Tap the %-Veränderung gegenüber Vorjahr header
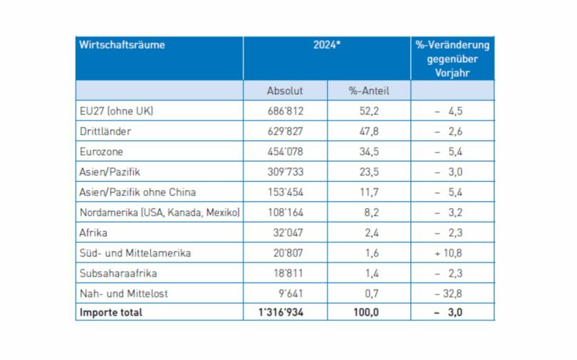point(452,58)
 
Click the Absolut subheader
point(285,91)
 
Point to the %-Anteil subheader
point(368,91)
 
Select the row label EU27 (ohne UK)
point(118,112)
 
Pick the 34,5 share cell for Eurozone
point(368,152)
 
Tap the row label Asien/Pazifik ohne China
point(139,192)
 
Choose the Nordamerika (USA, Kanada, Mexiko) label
point(160,212)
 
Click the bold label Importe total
point(112,312)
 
